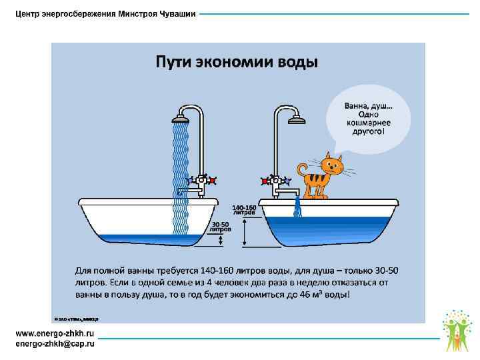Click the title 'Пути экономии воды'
tap(237, 62)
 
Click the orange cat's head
tap(331, 164)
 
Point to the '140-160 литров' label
tap(243, 209)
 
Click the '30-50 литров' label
tap(220, 226)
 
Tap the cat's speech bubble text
tap(367, 119)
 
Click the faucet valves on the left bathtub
tap(201, 180)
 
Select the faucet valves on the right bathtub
tap(275, 180)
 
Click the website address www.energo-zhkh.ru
tap(55, 333)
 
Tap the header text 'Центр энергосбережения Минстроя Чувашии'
tap(106, 15)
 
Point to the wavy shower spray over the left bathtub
tap(181, 173)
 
